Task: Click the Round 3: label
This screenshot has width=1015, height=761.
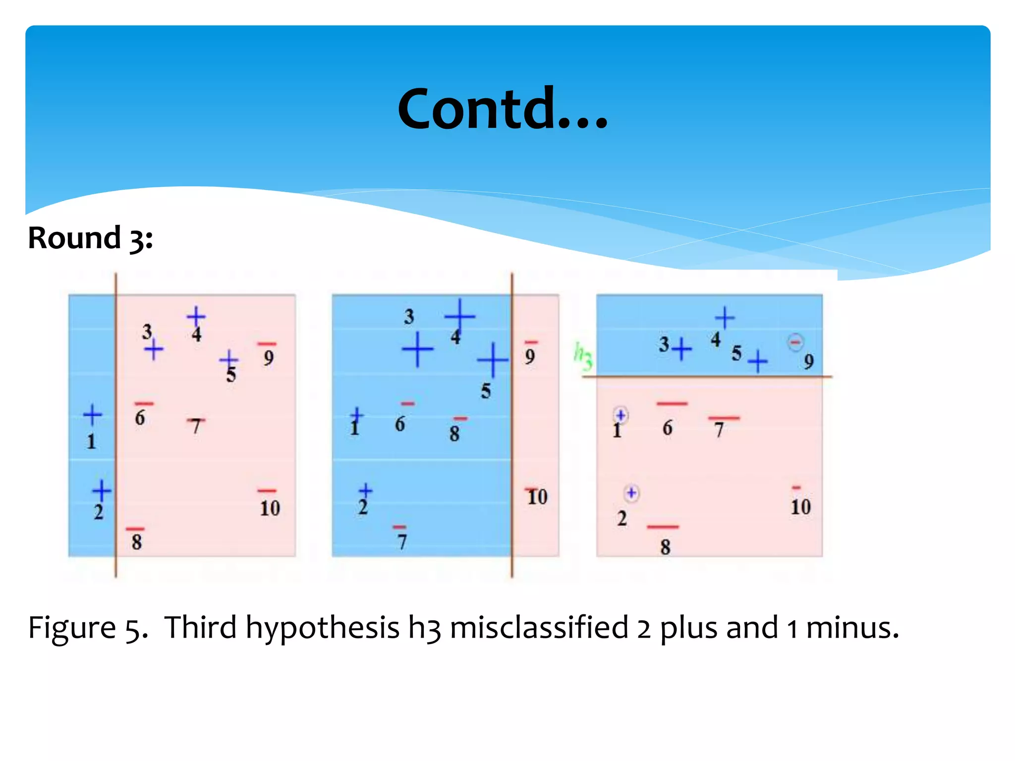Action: (x=90, y=238)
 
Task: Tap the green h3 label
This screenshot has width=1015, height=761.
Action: (x=583, y=355)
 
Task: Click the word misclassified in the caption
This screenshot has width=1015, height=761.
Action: (x=539, y=627)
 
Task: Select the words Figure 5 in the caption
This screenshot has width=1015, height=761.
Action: (x=87, y=628)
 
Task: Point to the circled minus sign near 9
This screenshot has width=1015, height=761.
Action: (x=795, y=342)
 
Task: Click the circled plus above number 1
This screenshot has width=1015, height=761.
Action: (x=620, y=415)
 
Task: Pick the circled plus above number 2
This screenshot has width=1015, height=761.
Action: (x=631, y=493)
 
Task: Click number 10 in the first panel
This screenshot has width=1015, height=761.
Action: (x=270, y=508)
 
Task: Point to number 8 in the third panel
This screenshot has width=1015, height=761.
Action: (x=665, y=547)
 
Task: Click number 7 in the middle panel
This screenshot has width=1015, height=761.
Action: (x=401, y=542)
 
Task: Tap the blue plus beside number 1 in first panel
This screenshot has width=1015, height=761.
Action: (x=92, y=415)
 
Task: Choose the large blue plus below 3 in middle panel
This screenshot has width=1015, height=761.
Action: (x=417, y=349)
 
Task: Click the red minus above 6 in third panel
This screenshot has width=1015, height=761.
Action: (x=672, y=404)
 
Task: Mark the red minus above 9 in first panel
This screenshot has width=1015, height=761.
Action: (x=267, y=344)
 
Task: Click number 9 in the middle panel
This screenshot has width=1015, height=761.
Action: (x=530, y=357)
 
